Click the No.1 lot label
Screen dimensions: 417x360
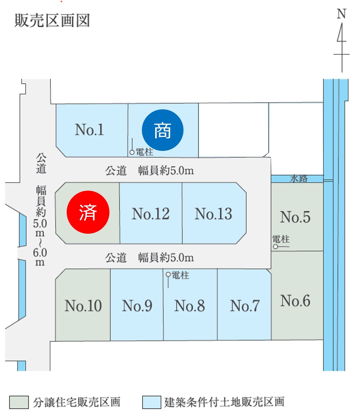tap(90, 130)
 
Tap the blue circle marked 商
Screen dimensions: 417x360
tap(162, 130)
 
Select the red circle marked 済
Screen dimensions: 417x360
tap(88, 213)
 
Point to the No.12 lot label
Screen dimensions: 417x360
tap(151, 214)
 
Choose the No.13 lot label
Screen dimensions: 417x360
tap(213, 214)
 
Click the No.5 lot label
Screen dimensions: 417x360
tap(295, 217)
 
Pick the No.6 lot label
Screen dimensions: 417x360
tap(295, 301)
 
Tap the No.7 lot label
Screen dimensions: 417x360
tap(245, 306)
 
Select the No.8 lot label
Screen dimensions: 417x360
tap(189, 306)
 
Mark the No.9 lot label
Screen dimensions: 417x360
tap(137, 306)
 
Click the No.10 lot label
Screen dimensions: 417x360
tap(83, 306)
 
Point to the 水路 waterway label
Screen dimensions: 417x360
tap(299, 179)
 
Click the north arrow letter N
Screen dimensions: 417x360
tap(342, 14)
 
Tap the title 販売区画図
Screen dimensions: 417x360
tap(52, 21)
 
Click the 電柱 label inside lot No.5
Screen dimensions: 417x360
tap(281, 240)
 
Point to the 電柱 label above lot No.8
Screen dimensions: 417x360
tap(180, 275)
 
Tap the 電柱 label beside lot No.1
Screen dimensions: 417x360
tap(144, 151)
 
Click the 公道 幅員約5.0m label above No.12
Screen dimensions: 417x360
tap(150, 171)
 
